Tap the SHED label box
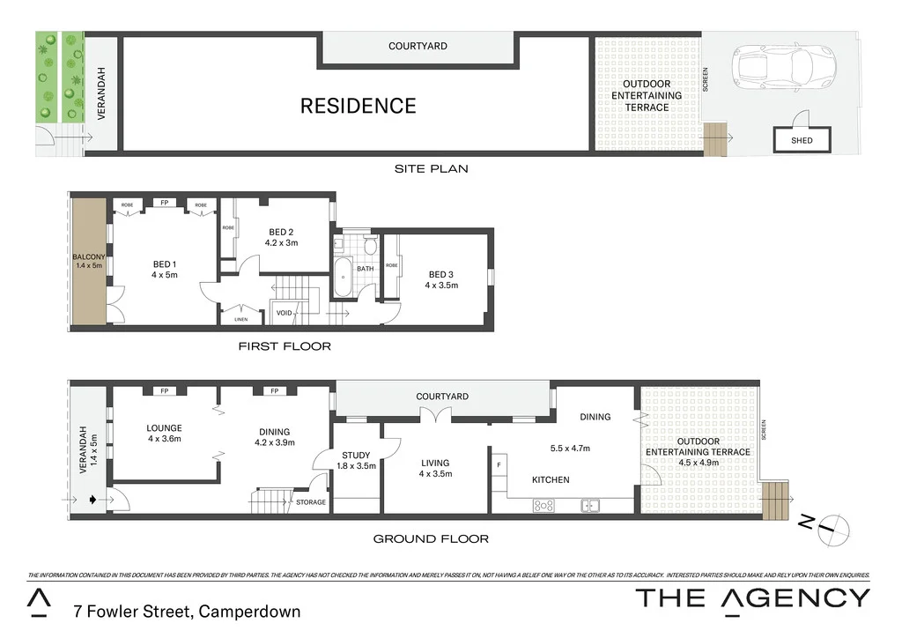pyautogui.click(x=802, y=140)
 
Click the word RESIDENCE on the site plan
pyautogui.click(x=358, y=106)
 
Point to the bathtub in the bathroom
pyautogui.click(x=343, y=278)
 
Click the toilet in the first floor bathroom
pyautogui.click(x=370, y=244)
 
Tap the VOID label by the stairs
pyautogui.click(x=284, y=313)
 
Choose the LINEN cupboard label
pyautogui.click(x=240, y=319)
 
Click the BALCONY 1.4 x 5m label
pyautogui.click(x=88, y=261)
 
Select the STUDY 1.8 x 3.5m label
pyautogui.click(x=357, y=460)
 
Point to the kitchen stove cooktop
pyautogui.click(x=543, y=505)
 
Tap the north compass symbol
pyautogui.click(x=832, y=529)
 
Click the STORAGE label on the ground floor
pyautogui.click(x=310, y=502)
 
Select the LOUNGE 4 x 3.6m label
pyautogui.click(x=164, y=434)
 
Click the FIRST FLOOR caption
pyautogui.click(x=285, y=346)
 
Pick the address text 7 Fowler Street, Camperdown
pyautogui.click(x=187, y=611)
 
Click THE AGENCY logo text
pyautogui.click(x=752, y=597)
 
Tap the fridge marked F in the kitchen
pyautogui.click(x=499, y=464)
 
